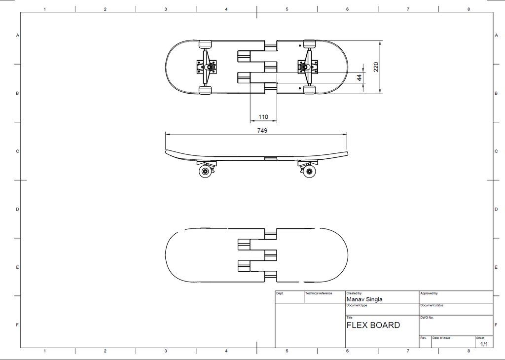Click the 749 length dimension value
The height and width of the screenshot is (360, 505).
coord(262,130)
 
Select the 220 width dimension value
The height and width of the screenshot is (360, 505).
coord(376,67)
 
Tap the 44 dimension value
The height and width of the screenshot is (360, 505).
coord(360,77)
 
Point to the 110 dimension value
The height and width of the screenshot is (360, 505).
coord(263,117)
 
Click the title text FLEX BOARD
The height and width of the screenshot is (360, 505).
coord(373,325)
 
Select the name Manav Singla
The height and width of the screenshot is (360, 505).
coord(364,299)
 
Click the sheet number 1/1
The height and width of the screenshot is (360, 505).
coord(484,344)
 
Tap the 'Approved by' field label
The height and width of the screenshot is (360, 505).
coord(429,293)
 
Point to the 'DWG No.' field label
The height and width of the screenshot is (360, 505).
coord(427,318)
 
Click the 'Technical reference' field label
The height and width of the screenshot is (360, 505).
coord(319,293)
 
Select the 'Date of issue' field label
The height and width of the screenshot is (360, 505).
coord(441,338)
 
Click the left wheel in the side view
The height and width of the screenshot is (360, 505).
coord(205,171)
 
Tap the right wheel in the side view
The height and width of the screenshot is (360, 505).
coord(309,171)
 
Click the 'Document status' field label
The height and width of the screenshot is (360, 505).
coord(432,305)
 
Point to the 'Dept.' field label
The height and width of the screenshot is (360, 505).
coord(280,293)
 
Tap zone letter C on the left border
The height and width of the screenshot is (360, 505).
coord(17,151)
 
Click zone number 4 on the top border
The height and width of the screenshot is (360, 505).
coord(226,9)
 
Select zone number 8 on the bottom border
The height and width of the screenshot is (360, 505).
coord(469,351)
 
